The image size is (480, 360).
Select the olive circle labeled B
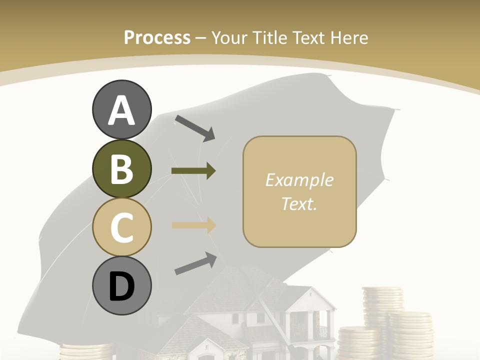(x=121, y=169)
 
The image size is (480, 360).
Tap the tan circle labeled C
(x=121, y=227)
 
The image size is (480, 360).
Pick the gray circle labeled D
(x=121, y=286)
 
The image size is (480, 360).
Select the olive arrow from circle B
(x=193, y=171)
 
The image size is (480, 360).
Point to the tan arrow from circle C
(x=193, y=225)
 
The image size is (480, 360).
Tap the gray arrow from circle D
(x=195, y=263)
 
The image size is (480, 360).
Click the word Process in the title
(x=157, y=37)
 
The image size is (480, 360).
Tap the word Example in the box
(x=299, y=180)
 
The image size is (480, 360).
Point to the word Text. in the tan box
(x=299, y=203)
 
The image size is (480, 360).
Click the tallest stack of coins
(x=382, y=305)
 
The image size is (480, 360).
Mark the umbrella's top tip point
(x=329, y=76)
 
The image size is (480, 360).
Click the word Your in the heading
(x=229, y=37)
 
